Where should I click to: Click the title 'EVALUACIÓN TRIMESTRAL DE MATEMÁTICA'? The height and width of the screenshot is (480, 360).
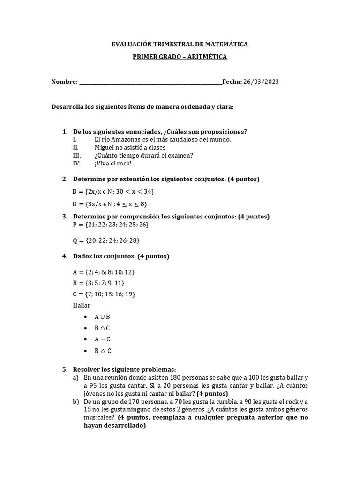[180, 45]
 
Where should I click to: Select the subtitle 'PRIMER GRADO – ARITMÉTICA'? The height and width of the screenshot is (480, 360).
[180, 57]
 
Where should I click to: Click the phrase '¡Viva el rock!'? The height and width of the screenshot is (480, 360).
[113, 163]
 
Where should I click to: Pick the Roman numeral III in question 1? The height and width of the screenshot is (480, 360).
[77, 155]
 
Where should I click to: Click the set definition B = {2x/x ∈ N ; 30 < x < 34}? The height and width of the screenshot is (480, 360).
[113, 191]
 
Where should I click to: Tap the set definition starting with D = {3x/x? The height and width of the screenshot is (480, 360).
[110, 204]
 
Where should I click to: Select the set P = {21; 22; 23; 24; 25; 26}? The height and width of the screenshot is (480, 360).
[111, 225]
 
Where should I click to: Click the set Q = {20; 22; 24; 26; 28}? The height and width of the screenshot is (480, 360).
[106, 240]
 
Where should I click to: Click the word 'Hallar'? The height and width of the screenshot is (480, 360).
[82, 305]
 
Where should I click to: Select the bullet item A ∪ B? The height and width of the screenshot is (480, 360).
[102, 317]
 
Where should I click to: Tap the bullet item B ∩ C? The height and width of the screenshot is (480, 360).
[102, 328]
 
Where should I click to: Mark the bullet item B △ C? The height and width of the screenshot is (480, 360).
[103, 351]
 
